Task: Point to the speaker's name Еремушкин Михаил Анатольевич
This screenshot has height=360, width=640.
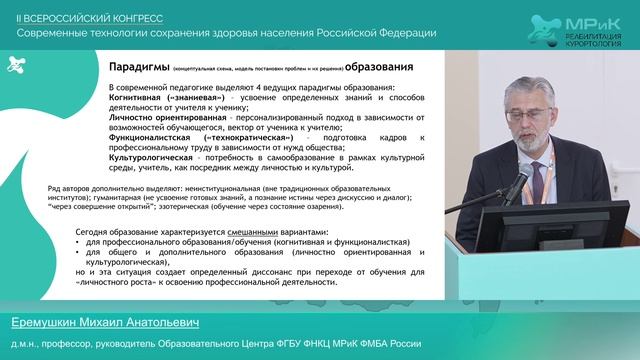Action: [105, 326]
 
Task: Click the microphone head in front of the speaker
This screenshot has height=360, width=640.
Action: [523, 177]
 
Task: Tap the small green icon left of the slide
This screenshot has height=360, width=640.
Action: [15, 65]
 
